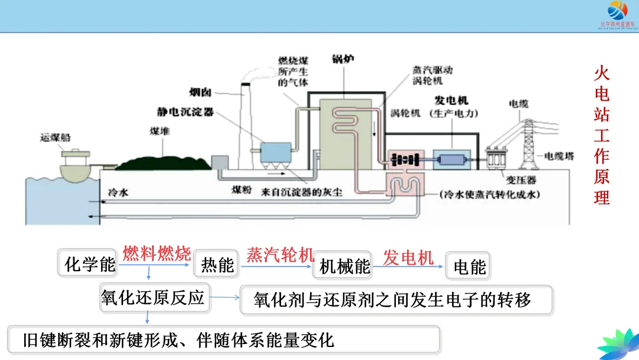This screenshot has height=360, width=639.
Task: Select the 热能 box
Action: tap(217, 265)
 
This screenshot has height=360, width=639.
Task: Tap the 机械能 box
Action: tap(344, 266)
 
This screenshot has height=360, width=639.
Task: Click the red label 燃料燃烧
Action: tap(157, 253)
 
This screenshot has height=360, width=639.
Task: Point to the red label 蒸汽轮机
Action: tap(280, 255)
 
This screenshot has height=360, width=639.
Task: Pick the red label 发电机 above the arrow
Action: tap(408, 257)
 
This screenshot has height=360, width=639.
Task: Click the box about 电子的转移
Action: tap(395, 300)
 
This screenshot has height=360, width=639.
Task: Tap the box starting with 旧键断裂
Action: tap(224, 340)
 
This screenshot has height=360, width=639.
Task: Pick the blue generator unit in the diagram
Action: tap(452, 159)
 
